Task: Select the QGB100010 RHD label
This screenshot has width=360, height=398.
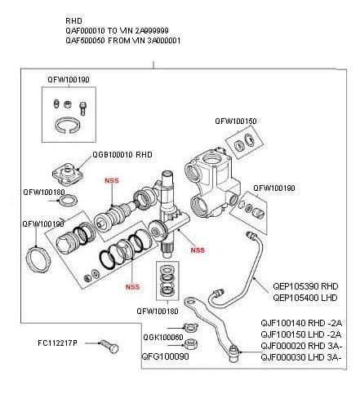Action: point(122,153)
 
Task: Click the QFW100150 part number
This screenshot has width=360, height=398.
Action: point(236,121)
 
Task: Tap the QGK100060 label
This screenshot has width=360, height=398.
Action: point(162,337)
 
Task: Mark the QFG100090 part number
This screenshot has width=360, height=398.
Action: point(163,356)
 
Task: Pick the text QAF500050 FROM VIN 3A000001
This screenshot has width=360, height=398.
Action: point(122,39)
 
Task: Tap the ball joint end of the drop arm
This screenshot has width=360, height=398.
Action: point(234,352)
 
